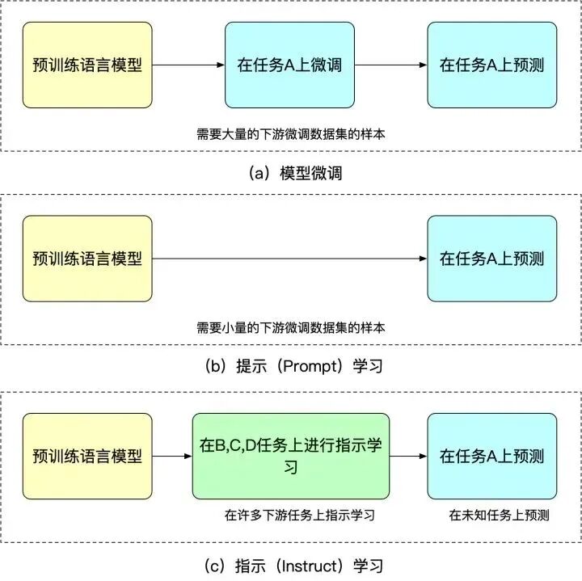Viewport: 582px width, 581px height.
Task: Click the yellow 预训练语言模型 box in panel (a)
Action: (x=87, y=65)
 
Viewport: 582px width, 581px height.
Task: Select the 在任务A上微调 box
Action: (x=289, y=65)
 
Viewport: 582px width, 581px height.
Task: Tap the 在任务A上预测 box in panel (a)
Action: (x=491, y=65)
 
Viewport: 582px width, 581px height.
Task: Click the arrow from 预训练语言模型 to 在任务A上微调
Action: (x=188, y=65)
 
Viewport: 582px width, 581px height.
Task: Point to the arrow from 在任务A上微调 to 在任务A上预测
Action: (x=390, y=65)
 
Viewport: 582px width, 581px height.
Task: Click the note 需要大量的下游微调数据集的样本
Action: (x=290, y=134)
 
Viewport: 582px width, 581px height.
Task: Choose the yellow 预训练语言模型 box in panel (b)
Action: (x=87, y=259)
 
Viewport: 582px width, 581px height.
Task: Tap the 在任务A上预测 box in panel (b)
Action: (x=491, y=259)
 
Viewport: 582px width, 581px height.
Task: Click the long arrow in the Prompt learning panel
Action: (x=289, y=259)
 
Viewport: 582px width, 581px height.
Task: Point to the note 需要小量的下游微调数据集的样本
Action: (x=290, y=328)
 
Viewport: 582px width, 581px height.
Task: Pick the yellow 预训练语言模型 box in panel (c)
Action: (x=87, y=456)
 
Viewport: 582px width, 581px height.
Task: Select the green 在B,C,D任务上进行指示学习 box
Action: (x=290, y=456)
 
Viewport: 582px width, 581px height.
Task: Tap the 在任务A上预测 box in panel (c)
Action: (x=491, y=456)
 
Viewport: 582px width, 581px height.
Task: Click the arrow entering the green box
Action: (x=172, y=457)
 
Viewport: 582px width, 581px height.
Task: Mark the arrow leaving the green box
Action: (x=408, y=457)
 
